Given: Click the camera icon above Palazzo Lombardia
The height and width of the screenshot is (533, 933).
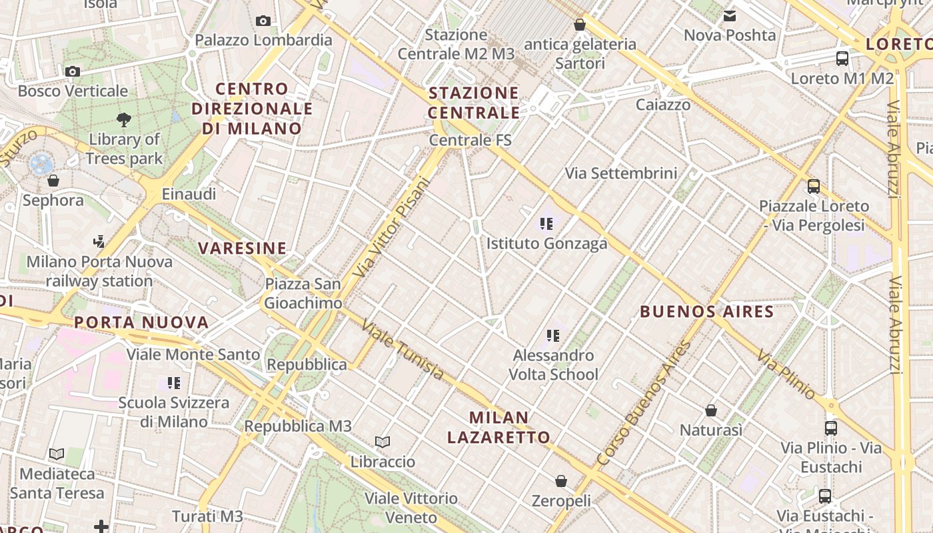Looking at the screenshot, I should click(x=263, y=21).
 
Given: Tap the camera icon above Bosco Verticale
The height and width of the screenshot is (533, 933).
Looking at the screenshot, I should click(x=73, y=71).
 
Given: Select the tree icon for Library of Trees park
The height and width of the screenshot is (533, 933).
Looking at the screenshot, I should click(x=123, y=120).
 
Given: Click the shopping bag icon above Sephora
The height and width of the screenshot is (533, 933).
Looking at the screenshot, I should click(x=53, y=181).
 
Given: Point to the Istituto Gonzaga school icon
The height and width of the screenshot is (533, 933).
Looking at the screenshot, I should click(x=547, y=224).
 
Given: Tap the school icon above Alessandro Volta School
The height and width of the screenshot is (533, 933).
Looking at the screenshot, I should click(x=552, y=335).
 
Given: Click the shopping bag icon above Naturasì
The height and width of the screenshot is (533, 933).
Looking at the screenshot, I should click(x=711, y=410).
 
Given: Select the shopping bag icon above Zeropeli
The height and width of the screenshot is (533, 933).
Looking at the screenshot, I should click(x=561, y=480).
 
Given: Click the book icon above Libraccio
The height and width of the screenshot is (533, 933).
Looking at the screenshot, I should click(x=383, y=442).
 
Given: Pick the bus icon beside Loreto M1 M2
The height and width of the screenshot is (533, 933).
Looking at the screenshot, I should click(x=842, y=58).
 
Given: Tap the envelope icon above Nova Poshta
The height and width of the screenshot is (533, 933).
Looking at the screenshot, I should click(x=730, y=15).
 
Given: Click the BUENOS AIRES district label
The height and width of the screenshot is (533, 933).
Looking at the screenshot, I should click(x=706, y=311).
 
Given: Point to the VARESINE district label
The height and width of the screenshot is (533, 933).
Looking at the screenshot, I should click(x=242, y=249).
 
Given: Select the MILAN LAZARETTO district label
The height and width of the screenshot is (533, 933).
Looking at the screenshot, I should click(x=498, y=427).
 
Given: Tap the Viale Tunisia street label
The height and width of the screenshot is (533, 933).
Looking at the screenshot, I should click(x=402, y=350).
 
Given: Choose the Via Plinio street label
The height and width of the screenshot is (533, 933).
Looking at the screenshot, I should click(x=786, y=374).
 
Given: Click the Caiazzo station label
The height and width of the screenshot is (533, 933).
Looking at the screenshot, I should click(x=662, y=105).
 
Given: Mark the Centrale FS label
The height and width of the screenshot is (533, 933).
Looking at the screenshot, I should click(x=470, y=140).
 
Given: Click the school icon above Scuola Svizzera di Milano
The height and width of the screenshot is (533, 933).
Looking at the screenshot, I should click(x=174, y=383).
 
